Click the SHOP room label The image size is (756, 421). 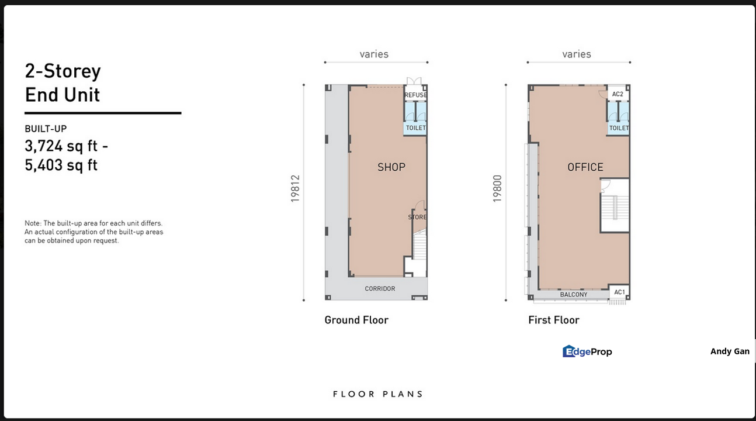[391, 167]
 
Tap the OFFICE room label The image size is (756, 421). [585, 167]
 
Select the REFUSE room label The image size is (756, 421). [416, 95]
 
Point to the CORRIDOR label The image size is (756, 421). [380, 288]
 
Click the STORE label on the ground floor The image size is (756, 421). [418, 217]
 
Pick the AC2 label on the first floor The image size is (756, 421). [618, 94]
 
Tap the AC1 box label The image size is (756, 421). [619, 292]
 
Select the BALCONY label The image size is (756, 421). [574, 294]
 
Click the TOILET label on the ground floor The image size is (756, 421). [416, 127]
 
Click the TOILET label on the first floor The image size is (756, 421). [619, 128]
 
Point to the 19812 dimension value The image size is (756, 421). [295, 188]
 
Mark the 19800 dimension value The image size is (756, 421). [497, 188]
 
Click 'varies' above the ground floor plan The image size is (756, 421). [374, 54]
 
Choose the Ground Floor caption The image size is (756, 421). [356, 320]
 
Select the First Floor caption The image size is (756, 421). [554, 320]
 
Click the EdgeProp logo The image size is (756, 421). [587, 351]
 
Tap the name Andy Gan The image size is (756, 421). [730, 351]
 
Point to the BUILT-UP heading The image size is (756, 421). [46, 129]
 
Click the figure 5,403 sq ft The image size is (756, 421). [61, 165]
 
